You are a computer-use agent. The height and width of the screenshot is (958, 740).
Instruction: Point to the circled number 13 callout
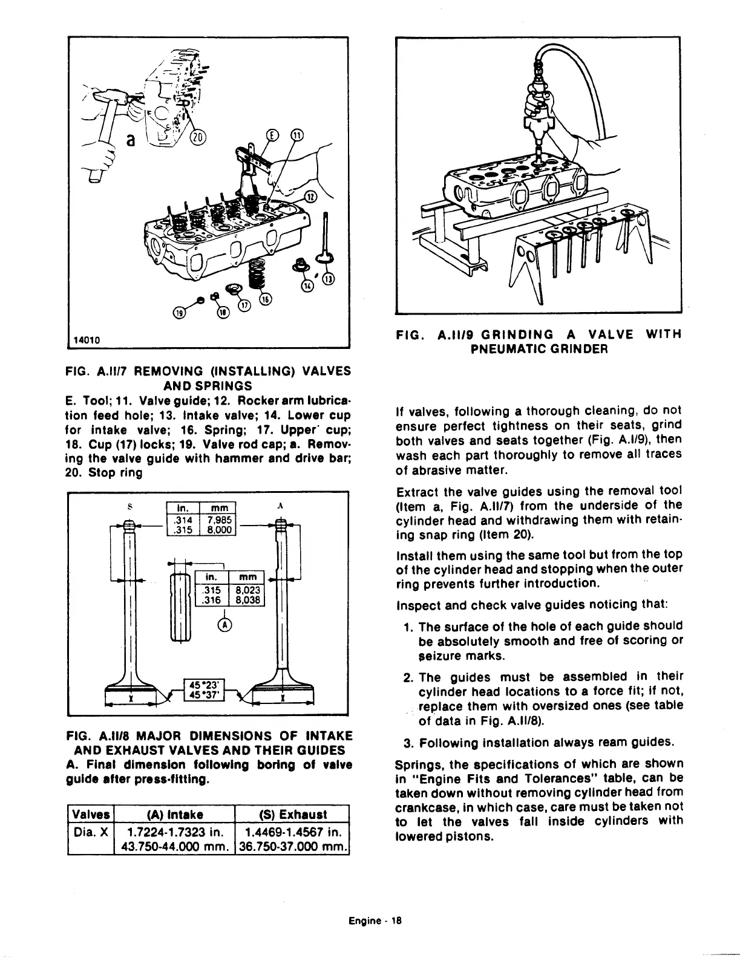(328, 279)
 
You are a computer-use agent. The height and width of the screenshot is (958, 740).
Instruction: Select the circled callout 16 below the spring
(265, 299)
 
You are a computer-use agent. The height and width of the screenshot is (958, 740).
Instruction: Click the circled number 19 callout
(179, 313)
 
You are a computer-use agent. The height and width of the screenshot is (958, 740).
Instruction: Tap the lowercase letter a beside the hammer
(128, 140)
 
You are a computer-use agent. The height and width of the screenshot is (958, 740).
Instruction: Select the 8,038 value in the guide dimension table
(248, 601)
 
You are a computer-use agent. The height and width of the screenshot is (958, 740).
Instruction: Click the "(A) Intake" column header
(174, 815)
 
